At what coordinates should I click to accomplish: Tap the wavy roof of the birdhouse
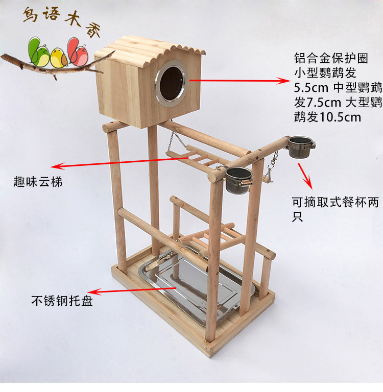pos(153,48)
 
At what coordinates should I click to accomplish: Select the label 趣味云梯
pos(39,181)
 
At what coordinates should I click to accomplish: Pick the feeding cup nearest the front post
pos(237,181)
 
